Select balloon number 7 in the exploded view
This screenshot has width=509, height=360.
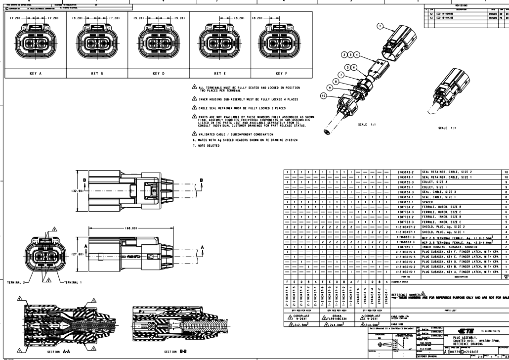click(340, 74)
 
